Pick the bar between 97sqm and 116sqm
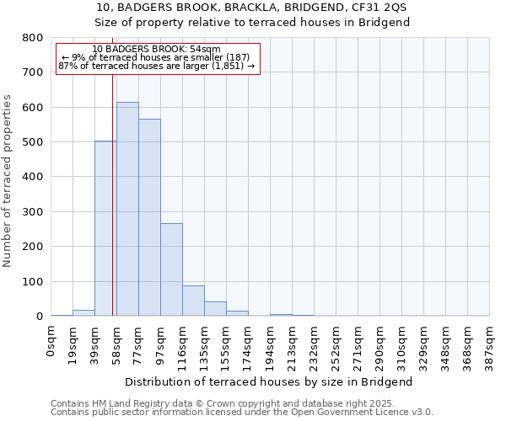(x=171, y=269)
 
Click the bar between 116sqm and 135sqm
(x=193, y=301)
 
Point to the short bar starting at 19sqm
(x=83, y=312)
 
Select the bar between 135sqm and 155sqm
(x=215, y=308)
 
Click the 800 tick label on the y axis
(x=33, y=38)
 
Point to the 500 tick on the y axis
(x=33, y=142)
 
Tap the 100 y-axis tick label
(x=33, y=281)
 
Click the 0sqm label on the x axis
(x=51, y=340)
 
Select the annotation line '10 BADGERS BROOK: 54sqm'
(x=156, y=50)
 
